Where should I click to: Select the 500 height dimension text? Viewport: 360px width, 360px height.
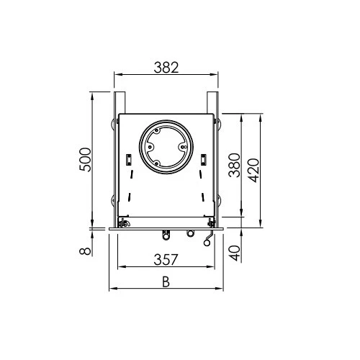pos(85,159)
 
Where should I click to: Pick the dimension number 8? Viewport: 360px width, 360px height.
pos(85,250)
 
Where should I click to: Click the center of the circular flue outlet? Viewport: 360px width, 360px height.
pos(166,148)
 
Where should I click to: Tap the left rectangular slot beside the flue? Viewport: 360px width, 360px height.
pos(128,158)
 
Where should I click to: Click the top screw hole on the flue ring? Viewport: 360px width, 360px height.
pos(166,128)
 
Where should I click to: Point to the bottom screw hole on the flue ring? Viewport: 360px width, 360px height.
pos(166,168)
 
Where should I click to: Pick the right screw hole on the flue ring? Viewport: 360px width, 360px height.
pos(186,148)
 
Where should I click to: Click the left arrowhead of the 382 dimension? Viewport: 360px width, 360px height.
pos(117,74)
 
